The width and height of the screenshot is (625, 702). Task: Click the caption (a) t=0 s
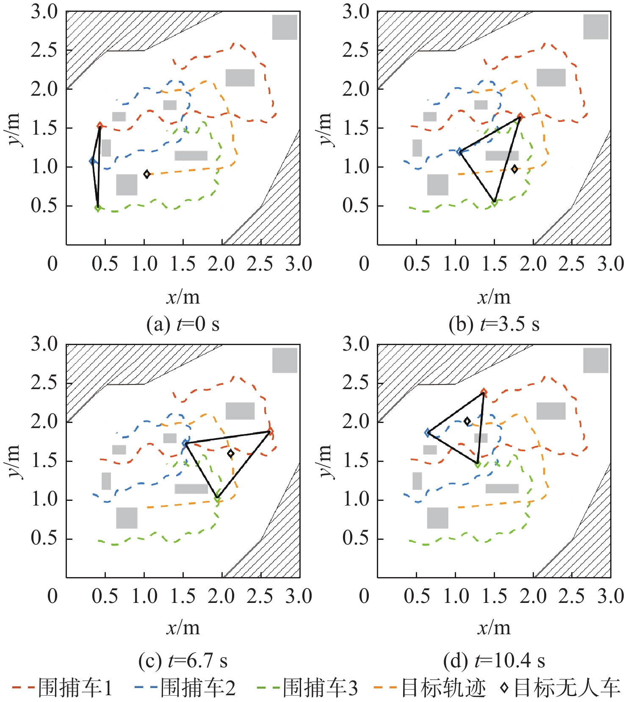coord(183,324)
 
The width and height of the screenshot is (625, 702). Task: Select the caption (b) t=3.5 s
coord(494,324)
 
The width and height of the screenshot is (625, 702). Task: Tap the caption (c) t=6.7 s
coord(183,661)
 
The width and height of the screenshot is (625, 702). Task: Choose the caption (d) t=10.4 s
coord(494,661)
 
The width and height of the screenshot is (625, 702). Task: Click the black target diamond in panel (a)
coord(147,174)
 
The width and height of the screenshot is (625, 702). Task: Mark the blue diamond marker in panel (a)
coord(92,161)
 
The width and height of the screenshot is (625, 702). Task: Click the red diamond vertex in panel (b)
coord(520,117)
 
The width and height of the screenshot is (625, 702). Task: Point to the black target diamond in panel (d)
coord(467,421)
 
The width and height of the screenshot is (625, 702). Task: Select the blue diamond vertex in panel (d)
coord(428,432)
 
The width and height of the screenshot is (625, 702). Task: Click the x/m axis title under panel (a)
coord(183,297)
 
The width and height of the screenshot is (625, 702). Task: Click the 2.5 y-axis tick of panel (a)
coord(44,50)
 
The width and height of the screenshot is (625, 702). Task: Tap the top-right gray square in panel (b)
coord(596,27)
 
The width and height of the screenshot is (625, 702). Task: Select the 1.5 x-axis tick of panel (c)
coord(183,596)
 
